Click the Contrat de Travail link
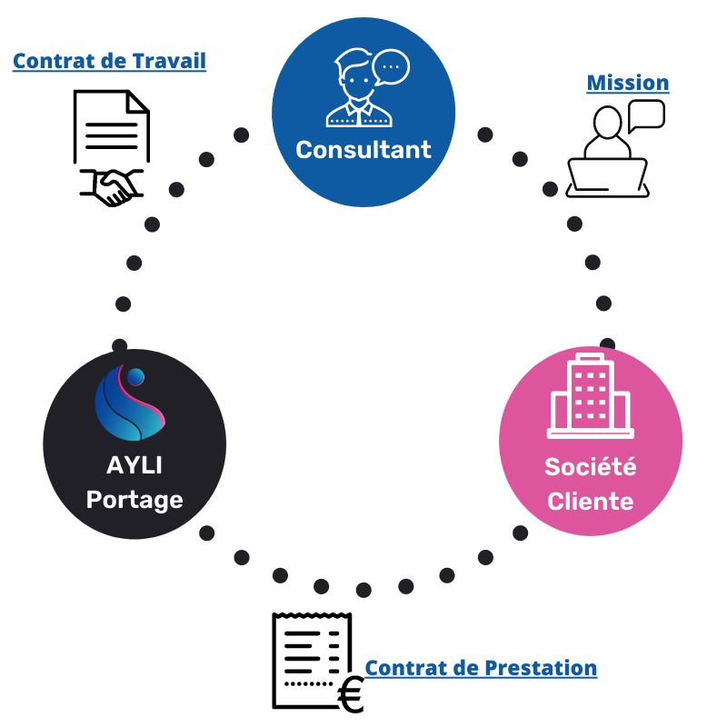109,61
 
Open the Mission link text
628,83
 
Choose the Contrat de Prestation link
481,668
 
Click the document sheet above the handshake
111,126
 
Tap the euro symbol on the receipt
350,695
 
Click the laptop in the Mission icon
607,176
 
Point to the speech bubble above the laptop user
646,115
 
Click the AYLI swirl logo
130,400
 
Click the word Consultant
363,149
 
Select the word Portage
134,499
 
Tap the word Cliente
591,501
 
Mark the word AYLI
134,465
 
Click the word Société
591,467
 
